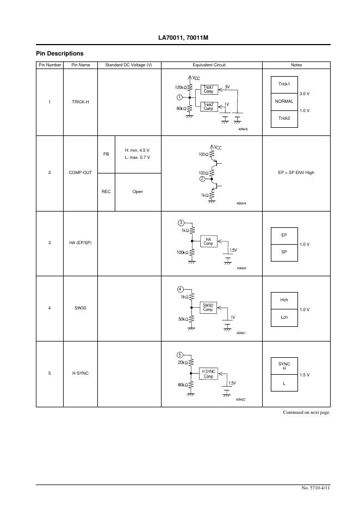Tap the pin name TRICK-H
[80, 102]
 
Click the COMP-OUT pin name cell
[80, 172]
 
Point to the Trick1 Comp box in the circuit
[208, 89]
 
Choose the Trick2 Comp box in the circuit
[208, 107]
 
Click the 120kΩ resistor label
[181, 87]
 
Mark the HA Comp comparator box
[208, 241]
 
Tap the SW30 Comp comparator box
[208, 307]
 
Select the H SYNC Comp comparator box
[208, 373]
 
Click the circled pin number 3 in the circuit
[181, 223]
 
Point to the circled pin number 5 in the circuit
[180, 355]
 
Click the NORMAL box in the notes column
[284, 101]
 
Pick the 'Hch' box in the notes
[284, 300]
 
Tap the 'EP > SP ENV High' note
[296, 172]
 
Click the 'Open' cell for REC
[138, 191]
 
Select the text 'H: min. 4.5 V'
[137, 150]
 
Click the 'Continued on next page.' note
[306, 412]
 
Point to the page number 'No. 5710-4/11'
[315, 488]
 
